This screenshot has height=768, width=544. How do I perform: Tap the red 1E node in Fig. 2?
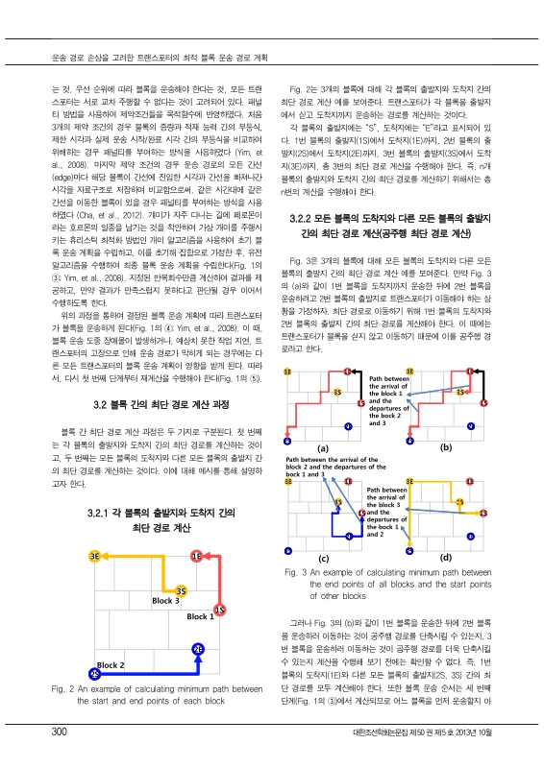coord(196,556)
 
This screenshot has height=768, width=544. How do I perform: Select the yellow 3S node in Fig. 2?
coord(154,589)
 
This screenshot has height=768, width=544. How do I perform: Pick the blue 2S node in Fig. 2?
coord(94,674)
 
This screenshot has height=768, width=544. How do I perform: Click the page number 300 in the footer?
coord(60,733)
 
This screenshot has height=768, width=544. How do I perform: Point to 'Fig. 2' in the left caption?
coord(65,688)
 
